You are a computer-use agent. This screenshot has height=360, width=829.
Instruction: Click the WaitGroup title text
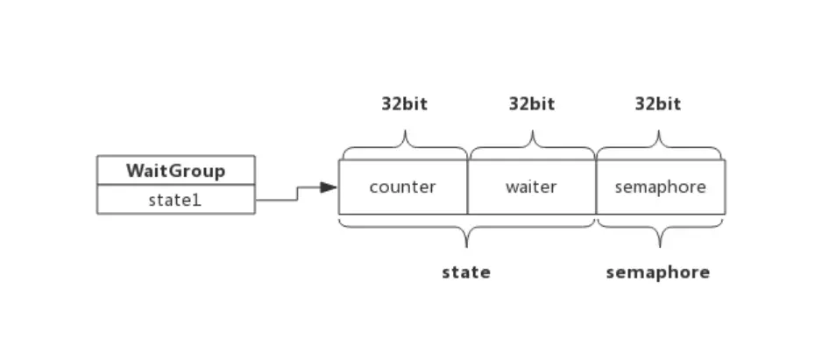coord(175,170)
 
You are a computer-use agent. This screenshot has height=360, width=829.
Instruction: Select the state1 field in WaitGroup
coord(175,200)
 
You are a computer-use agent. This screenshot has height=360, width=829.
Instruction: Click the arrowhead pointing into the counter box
coord(329,187)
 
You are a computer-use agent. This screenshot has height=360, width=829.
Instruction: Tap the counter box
coord(403,187)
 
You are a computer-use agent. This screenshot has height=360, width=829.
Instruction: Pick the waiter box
coord(531,187)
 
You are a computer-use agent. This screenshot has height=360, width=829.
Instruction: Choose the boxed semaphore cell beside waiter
coord(660,187)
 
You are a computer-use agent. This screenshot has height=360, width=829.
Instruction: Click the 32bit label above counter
coord(404,104)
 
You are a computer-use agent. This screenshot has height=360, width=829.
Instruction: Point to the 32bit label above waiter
coord(531,104)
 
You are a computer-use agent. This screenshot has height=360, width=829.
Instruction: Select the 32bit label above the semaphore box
coord(657,104)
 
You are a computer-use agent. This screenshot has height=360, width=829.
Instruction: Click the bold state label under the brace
coord(465,272)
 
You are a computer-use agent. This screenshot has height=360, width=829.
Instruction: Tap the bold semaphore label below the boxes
coord(657,272)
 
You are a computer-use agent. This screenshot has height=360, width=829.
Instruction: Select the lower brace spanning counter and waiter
coord(466,231)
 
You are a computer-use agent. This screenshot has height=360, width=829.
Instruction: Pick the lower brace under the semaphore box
coord(660,231)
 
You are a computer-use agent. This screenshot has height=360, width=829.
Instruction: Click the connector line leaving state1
coord(276,200)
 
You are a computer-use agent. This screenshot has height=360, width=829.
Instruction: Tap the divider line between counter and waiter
coord(468,187)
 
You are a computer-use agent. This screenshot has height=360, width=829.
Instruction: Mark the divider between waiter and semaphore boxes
coord(596,187)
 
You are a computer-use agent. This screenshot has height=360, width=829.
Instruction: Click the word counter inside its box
coord(403,187)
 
